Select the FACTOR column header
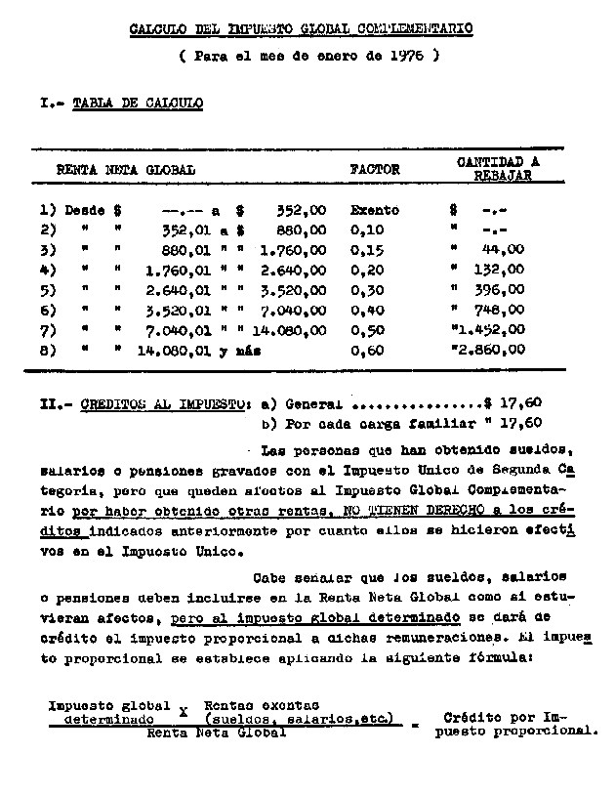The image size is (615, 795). (x=375, y=169)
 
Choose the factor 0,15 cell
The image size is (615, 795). (x=367, y=249)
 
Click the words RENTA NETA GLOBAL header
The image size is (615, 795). (x=126, y=169)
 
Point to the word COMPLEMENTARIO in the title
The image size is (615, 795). (x=414, y=28)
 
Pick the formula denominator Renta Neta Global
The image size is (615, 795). (x=217, y=732)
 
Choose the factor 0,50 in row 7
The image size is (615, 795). (x=367, y=330)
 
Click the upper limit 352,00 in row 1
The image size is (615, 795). (x=300, y=209)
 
